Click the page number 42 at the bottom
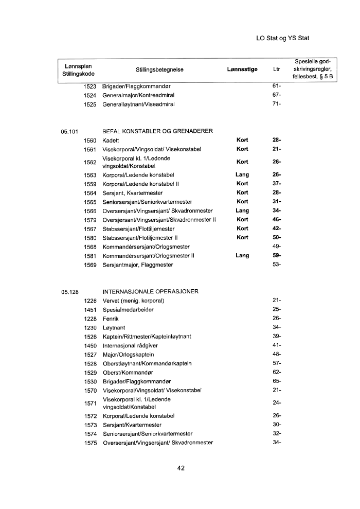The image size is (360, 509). click(181, 468)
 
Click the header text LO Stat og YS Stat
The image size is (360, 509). click(282, 38)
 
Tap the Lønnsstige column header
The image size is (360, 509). click(242, 69)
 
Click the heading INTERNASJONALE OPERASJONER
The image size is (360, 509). click(151, 292)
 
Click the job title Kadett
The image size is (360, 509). click(111, 140)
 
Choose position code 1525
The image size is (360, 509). click(91, 104)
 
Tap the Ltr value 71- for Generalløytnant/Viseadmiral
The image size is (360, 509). click(276, 104)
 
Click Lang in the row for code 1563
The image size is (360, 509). click(242, 175)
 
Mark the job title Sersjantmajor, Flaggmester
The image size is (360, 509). click(137, 265)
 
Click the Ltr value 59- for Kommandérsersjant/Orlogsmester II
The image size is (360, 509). click(276, 256)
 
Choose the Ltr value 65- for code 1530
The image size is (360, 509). click(276, 381)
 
